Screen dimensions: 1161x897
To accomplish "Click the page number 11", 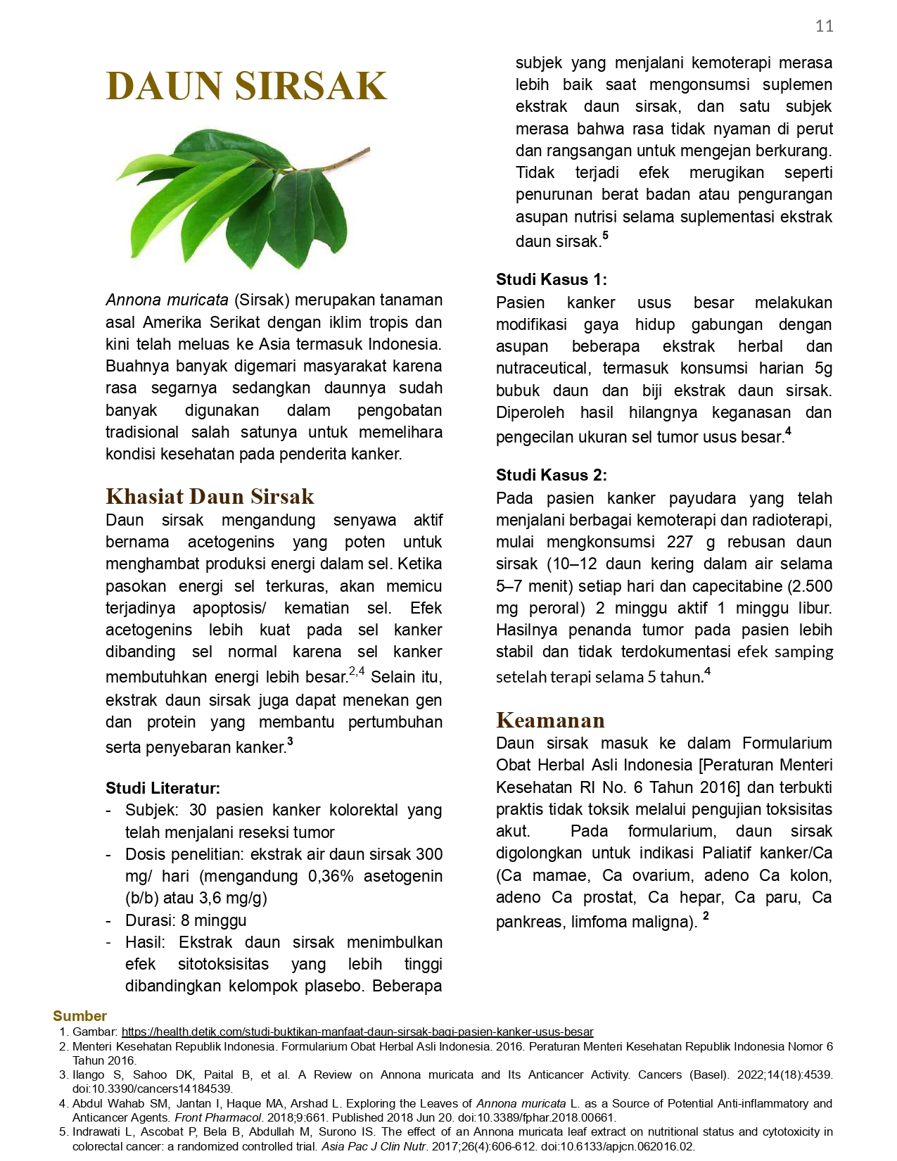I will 824,26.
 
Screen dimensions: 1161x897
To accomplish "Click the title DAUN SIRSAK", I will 246,86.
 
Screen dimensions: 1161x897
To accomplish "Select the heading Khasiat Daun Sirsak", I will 210,496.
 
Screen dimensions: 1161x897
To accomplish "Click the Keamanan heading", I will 550,720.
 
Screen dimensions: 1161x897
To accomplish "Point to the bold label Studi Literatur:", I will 163,787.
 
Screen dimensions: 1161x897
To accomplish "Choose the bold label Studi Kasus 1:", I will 551,279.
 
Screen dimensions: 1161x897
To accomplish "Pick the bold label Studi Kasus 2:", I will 551,475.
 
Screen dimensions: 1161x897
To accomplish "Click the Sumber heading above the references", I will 79,1015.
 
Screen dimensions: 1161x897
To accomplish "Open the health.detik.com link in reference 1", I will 357,1032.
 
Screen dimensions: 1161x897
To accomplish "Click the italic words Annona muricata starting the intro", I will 167,300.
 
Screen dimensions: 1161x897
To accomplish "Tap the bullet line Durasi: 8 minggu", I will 186,920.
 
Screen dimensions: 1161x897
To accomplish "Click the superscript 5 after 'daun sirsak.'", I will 605,236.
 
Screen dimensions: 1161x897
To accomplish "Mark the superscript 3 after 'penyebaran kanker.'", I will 290,742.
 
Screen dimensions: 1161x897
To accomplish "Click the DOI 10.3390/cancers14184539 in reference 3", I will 152,1089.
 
